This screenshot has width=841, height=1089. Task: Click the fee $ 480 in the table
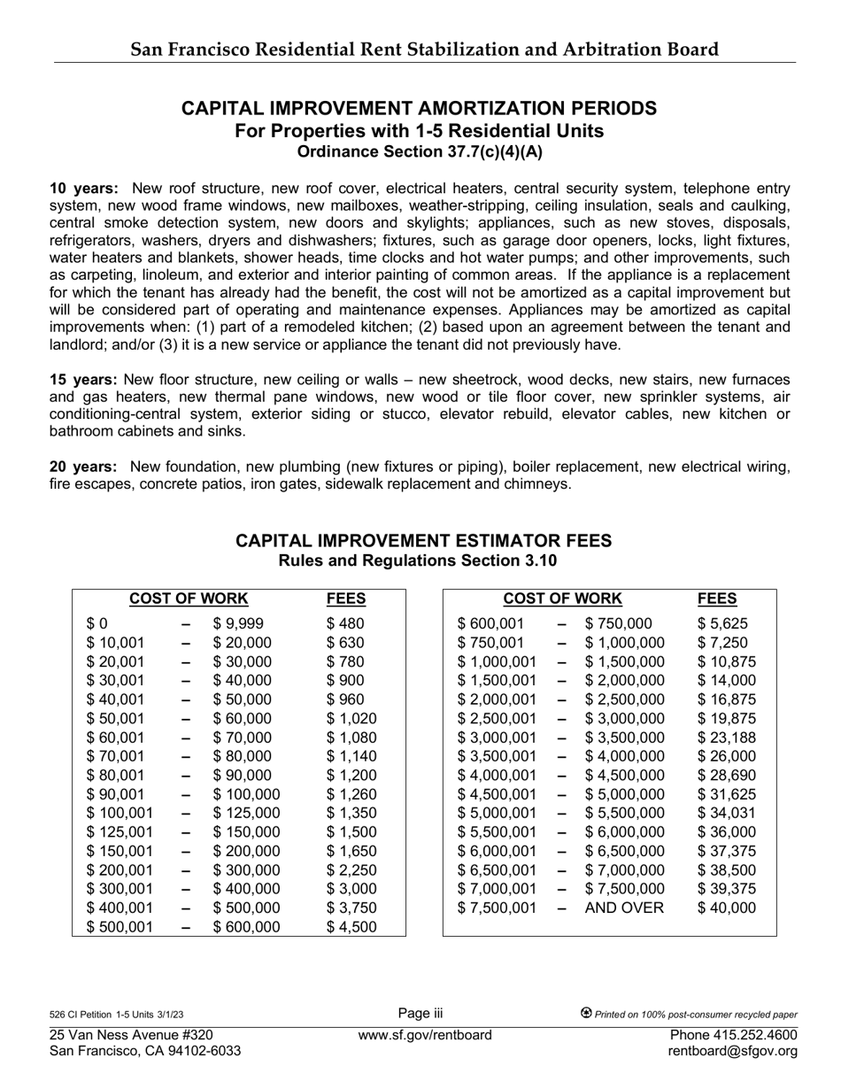pos(345,624)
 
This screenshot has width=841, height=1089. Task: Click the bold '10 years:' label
pos(83,189)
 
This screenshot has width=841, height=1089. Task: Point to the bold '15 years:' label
pos(83,379)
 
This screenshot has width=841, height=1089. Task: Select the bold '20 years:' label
pos(83,467)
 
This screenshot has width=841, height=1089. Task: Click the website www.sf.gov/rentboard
pos(425,1035)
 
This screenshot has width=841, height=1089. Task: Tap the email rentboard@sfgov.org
pos(733,1051)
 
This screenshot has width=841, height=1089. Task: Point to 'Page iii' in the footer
pos(420,1014)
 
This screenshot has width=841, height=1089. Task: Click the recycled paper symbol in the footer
pos(586,1014)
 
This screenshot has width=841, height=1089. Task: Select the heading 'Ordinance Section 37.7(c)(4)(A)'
pos(420,151)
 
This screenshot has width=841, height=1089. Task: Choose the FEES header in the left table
pos(346,599)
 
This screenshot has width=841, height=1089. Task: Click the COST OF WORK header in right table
pos(562,599)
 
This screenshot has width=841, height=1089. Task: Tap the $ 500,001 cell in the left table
pos(120,927)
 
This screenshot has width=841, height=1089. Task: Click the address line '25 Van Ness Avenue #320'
pos(131,1035)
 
